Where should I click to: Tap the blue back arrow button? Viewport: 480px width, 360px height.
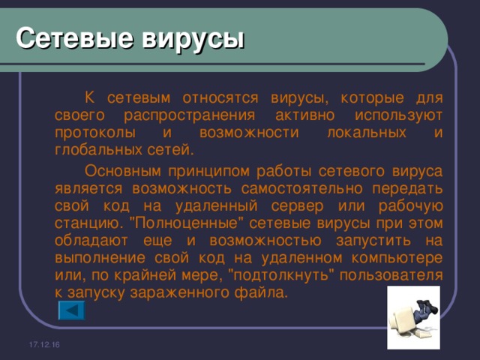(71, 310)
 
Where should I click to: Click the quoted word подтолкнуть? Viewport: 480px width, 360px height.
(280, 275)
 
